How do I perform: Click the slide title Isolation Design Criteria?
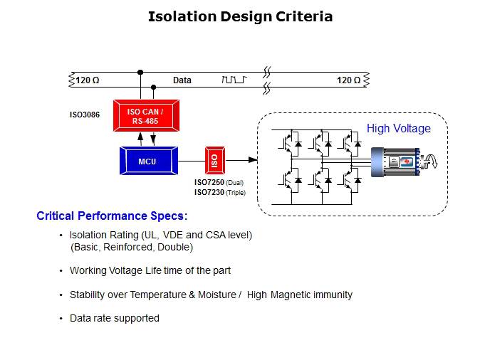click(240, 16)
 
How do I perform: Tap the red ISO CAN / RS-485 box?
click(145, 116)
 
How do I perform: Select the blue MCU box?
click(148, 162)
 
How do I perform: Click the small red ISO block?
click(215, 162)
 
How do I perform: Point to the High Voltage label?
click(398, 129)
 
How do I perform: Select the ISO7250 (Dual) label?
click(219, 183)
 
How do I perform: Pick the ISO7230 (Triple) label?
click(219, 192)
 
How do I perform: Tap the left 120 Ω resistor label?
click(89, 80)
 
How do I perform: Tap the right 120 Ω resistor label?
click(348, 80)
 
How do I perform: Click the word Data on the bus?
click(182, 80)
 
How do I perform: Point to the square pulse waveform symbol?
click(234, 80)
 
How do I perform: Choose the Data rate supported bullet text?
click(114, 318)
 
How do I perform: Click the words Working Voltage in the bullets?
click(98, 270)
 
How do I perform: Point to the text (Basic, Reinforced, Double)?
click(132, 247)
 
